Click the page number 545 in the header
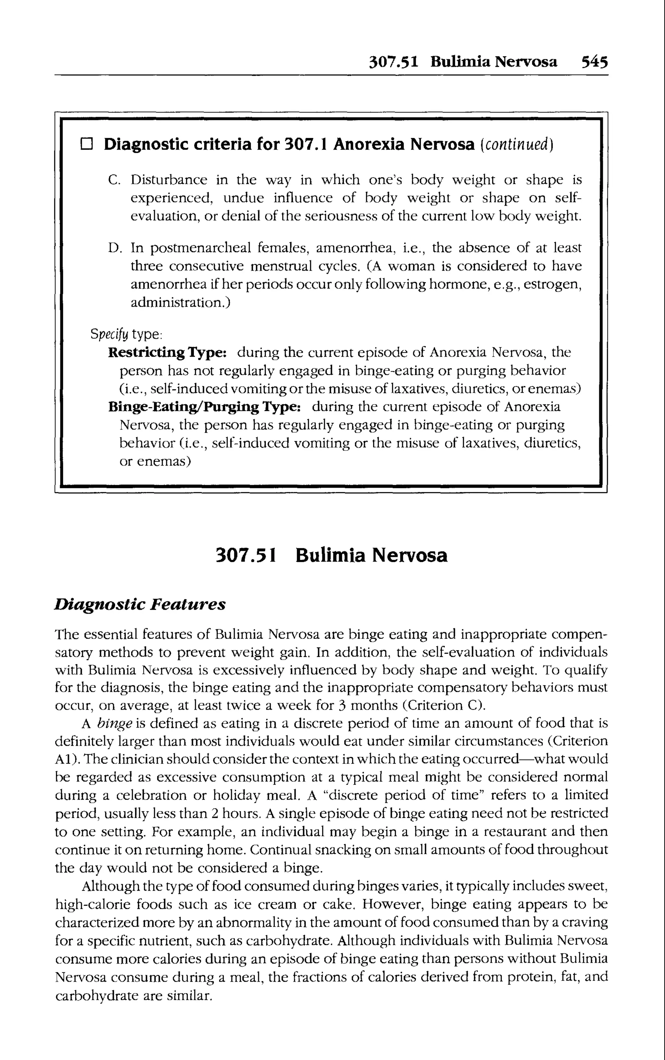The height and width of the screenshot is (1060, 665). tap(595, 62)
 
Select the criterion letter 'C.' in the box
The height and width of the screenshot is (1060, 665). tap(114, 180)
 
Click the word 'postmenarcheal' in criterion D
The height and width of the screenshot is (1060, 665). tap(200, 249)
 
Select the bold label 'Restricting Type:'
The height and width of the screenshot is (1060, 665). tap(167, 353)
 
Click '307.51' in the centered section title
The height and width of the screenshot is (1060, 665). tap(246, 555)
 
